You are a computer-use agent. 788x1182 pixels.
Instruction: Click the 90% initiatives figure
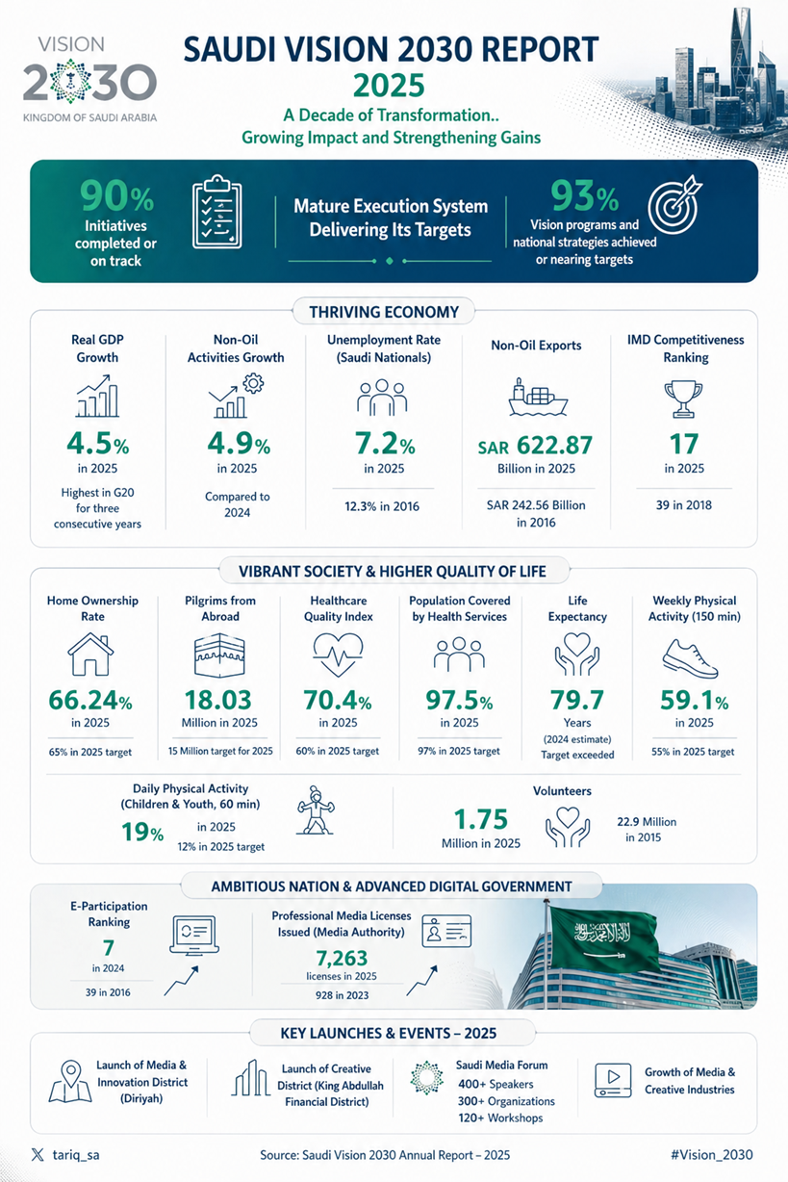coord(116,198)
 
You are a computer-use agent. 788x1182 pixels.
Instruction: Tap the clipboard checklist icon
coord(216,213)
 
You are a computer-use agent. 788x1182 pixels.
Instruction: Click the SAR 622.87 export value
coord(537,447)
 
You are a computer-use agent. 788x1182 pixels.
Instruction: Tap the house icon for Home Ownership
coord(92,655)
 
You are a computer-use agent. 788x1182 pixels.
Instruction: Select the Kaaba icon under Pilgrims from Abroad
coord(219,655)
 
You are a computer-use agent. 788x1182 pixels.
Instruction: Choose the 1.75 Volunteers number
coord(487,819)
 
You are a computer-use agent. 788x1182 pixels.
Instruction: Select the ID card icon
coord(446,934)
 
